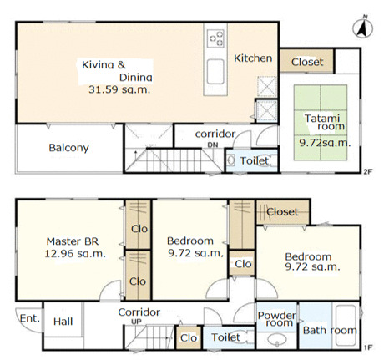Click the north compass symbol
tap(363, 27)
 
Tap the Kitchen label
tap(253, 58)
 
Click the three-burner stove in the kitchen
tap(215, 38)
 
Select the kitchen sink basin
tap(215, 71)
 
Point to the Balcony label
tap(68, 148)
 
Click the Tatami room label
tap(324, 122)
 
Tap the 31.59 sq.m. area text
tap(119, 89)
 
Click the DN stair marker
tap(213, 145)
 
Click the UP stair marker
tap(136, 322)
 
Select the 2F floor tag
tap(367, 171)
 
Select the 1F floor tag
tap(367, 347)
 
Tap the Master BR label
tap(73, 241)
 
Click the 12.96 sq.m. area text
tap(75, 254)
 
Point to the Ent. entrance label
tap(30, 318)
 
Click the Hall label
tap(63, 322)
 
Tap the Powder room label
tap(277, 319)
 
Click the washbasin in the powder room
tap(277, 339)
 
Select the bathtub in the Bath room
tap(346, 325)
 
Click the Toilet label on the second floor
tap(254, 160)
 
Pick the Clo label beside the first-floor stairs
tap(189, 338)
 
